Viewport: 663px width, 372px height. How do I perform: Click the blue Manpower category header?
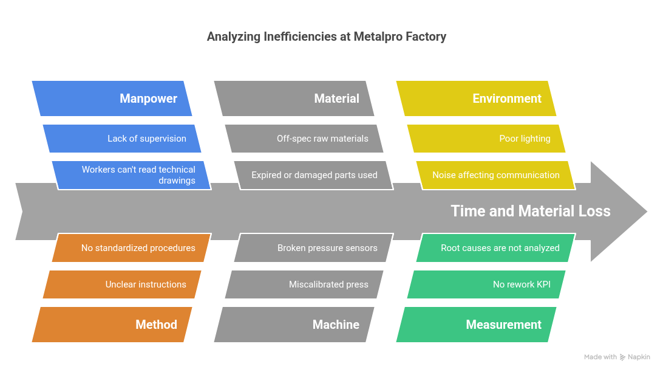112,98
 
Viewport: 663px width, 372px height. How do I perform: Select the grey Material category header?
294,98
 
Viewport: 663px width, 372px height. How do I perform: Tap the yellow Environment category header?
477,98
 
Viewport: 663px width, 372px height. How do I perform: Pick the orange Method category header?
112,325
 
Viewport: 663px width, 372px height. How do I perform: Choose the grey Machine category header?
294,325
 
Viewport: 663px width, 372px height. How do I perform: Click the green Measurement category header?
477,325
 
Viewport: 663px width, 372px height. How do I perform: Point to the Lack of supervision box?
121,139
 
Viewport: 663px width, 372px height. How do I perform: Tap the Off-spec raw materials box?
304,139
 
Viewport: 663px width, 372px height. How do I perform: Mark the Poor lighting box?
486,139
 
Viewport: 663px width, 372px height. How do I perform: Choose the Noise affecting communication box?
495,175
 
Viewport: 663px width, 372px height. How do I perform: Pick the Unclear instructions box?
121,284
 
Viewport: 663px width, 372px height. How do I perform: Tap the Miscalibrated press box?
304,284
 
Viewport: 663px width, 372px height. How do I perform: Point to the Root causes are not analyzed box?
495,248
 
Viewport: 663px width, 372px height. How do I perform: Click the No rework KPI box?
486,284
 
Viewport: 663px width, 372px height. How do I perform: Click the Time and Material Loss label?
530,211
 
